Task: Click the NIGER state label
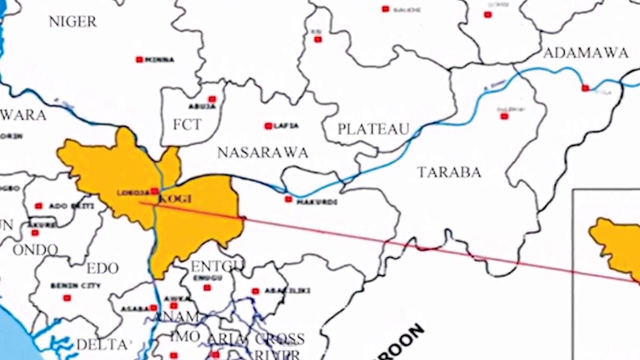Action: [x=72, y=21]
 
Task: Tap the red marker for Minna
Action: [x=139, y=59]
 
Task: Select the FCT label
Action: [x=187, y=124]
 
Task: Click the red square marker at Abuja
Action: [x=212, y=99]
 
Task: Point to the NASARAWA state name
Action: [x=262, y=153]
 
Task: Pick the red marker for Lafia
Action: [x=268, y=126]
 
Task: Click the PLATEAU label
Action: [x=373, y=129]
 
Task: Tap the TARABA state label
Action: [x=449, y=172]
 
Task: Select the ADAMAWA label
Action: [x=585, y=53]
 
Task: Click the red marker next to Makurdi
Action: [x=288, y=199]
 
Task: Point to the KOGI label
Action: [x=175, y=199]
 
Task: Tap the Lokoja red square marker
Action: [x=154, y=191]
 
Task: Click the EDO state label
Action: [x=102, y=268]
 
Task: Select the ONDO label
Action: [x=35, y=250]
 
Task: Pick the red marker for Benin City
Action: [x=66, y=298]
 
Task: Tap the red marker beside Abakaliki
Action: [x=255, y=291]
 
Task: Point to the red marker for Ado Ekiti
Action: [x=38, y=205]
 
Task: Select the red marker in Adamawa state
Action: [x=585, y=88]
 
